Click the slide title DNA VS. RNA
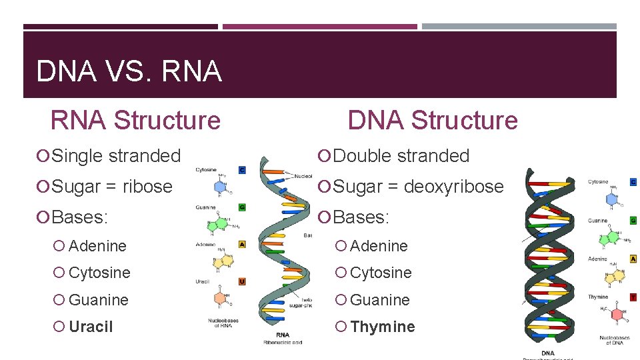129,71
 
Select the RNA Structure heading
135,120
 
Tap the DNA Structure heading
433,120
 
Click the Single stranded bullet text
116,156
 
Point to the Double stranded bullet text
401,156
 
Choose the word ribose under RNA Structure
147,187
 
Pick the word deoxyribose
454,187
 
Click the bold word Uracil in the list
91,327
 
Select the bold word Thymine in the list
382,327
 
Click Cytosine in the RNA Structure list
99,273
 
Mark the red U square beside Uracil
241,281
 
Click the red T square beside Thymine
633,297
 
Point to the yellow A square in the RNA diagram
241,244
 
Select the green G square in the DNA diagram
633,220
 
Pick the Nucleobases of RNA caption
223,323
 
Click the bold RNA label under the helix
283,335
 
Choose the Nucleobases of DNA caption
614,341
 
